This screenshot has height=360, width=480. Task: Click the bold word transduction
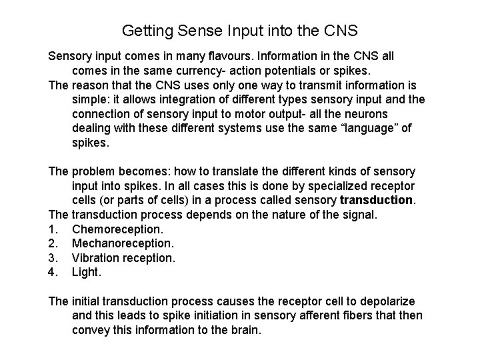377,200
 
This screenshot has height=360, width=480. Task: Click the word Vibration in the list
96,257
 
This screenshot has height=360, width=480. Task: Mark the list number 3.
53,257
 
